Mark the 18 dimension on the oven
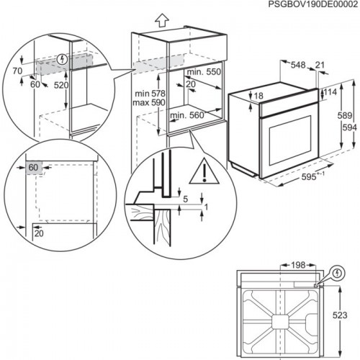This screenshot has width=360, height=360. [258, 96]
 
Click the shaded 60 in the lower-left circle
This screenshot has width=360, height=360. [34, 168]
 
